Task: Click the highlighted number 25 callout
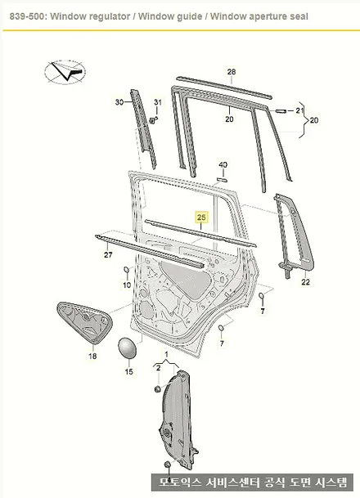tap(201, 218)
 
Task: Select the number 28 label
tap(232, 71)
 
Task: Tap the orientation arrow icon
tap(65, 72)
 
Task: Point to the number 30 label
tap(119, 102)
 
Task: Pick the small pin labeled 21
tap(281, 111)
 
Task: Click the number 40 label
tap(223, 165)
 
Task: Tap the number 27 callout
tap(108, 254)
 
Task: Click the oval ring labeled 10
tap(126, 270)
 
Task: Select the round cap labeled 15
tap(127, 348)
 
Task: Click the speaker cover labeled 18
tap(85, 322)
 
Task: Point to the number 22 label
tap(305, 282)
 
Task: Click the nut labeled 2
tap(157, 388)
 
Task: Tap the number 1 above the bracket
tap(166, 354)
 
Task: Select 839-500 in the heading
tap(29, 16)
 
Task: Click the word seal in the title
tap(299, 16)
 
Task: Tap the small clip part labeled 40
tap(222, 180)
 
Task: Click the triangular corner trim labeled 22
tap(294, 236)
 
